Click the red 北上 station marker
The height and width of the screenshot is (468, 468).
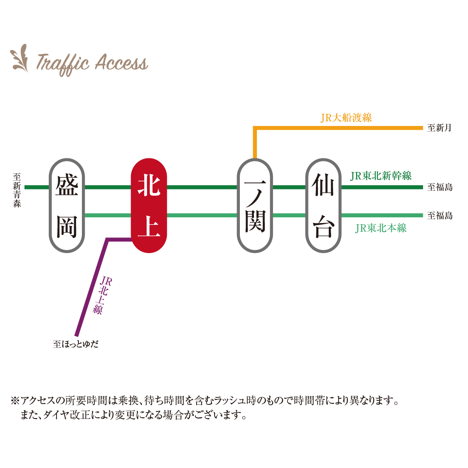tap(149, 206)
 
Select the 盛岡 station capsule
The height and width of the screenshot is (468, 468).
tap(67, 206)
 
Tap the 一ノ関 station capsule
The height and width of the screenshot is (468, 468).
tap(255, 206)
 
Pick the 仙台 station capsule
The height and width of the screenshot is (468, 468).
tap(323, 206)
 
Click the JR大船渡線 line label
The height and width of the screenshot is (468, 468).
tap(346, 117)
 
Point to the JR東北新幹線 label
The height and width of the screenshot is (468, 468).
tap(381, 176)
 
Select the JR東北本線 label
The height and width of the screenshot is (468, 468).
tap(381, 228)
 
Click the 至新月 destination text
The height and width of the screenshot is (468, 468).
tap(439, 128)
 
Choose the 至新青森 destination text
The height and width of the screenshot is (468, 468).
tap(17, 190)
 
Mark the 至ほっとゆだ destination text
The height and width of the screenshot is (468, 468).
tap(76, 344)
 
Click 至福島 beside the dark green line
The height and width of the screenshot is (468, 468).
tap(440, 187)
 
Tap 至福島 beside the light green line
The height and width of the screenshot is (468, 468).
tap(440, 216)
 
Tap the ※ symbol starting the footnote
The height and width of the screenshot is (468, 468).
tap(15, 401)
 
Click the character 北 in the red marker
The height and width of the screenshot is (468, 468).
tap(149, 186)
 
